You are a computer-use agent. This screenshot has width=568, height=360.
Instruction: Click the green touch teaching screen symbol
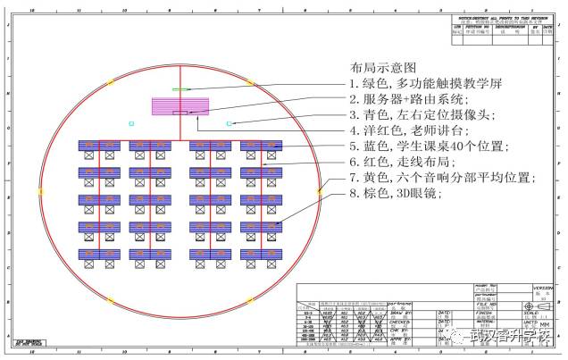point(181,89)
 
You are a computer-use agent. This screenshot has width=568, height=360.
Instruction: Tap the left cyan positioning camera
point(130,122)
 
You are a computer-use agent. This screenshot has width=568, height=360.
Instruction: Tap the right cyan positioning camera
point(230,122)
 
